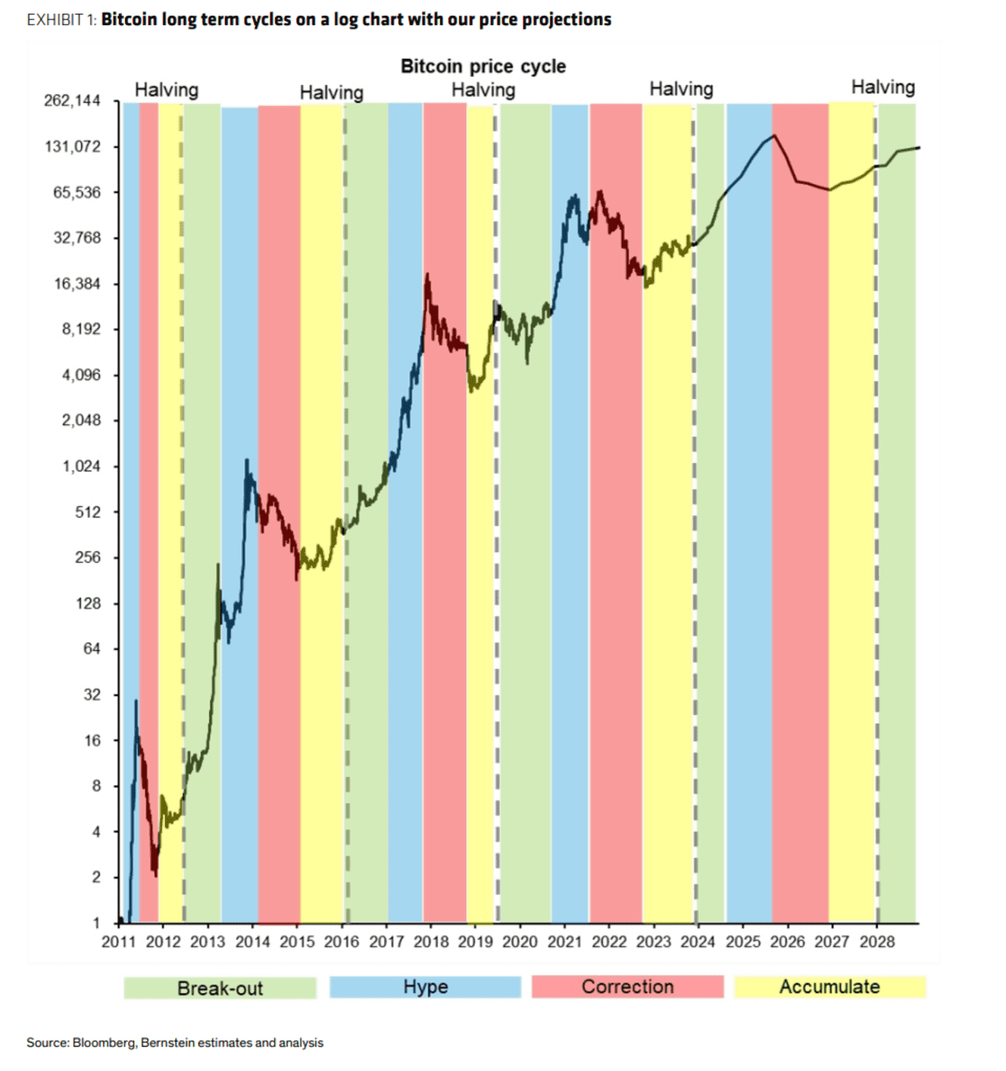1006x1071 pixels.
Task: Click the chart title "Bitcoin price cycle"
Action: click(483, 66)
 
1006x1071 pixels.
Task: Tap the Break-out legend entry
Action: click(220, 988)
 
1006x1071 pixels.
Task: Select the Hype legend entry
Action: click(425, 987)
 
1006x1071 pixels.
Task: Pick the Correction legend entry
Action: click(627, 987)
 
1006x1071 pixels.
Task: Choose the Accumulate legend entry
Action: click(829, 987)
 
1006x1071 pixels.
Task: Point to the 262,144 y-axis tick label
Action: click(72, 101)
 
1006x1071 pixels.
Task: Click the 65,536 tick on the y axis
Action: click(77, 193)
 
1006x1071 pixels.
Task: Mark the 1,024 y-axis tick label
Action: click(82, 466)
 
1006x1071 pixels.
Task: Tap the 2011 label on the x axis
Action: click(118, 941)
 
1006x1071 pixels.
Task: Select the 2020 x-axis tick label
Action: click(520, 941)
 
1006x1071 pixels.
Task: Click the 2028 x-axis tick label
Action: click(876, 941)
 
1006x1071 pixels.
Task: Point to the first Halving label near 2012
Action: click(167, 90)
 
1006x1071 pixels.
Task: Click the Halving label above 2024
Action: click(681, 89)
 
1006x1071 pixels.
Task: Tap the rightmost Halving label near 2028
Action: click(883, 86)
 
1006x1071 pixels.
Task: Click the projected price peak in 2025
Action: click(775, 135)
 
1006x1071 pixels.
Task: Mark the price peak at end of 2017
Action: click(427, 274)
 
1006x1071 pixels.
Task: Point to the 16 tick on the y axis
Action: click(93, 740)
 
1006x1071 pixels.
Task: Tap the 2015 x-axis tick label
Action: click(296, 941)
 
